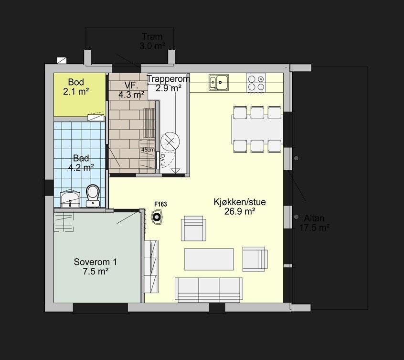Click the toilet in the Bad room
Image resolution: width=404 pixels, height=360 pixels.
93,195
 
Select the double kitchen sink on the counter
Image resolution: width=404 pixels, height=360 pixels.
218,82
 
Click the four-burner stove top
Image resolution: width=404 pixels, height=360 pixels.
256,82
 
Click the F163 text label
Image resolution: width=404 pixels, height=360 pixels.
160,205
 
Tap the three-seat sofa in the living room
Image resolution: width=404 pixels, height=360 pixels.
209,289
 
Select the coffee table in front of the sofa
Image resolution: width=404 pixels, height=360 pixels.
209,259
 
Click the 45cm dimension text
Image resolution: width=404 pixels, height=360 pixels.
148,150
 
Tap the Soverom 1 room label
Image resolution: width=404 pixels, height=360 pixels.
95,266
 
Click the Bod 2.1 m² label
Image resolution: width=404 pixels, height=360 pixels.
76,86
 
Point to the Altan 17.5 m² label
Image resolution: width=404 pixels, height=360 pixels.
314,223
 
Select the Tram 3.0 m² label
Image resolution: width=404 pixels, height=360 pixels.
152,42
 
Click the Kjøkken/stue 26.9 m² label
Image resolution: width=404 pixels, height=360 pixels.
239,207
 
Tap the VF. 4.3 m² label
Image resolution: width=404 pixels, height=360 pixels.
131,90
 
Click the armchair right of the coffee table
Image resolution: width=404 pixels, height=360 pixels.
255,259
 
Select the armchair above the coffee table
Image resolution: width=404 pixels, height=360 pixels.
193,228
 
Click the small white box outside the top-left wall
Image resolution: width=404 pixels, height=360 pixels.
62,60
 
